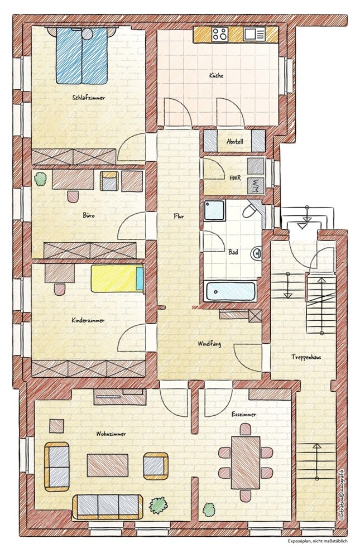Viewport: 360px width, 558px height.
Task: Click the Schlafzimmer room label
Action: pos(88,97)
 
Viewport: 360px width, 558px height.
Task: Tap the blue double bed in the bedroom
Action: pos(81,55)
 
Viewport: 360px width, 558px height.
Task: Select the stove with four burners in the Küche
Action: pos(219,35)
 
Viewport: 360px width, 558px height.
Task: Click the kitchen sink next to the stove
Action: pos(255,35)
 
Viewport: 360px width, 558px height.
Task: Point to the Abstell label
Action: pos(234,142)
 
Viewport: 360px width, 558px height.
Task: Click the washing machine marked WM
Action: pos(256,185)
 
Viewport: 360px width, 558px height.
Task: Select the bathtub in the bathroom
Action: pos(230,291)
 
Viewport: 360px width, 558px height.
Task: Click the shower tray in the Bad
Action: pos(214,210)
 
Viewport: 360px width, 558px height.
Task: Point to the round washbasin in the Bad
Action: pos(256,253)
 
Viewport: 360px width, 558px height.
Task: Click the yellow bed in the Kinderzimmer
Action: pos(117,278)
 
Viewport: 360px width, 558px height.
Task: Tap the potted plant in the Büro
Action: pos(41,179)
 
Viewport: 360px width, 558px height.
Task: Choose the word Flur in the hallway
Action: pos(179,216)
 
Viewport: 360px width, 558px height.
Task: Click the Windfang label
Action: pos(209,344)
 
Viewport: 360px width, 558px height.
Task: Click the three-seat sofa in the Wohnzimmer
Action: pos(108,507)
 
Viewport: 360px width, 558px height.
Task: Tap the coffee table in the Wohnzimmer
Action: pos(108,465)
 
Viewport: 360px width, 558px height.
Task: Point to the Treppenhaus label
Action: pos(306,357)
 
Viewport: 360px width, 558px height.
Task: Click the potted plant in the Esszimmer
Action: pos(209,509)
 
